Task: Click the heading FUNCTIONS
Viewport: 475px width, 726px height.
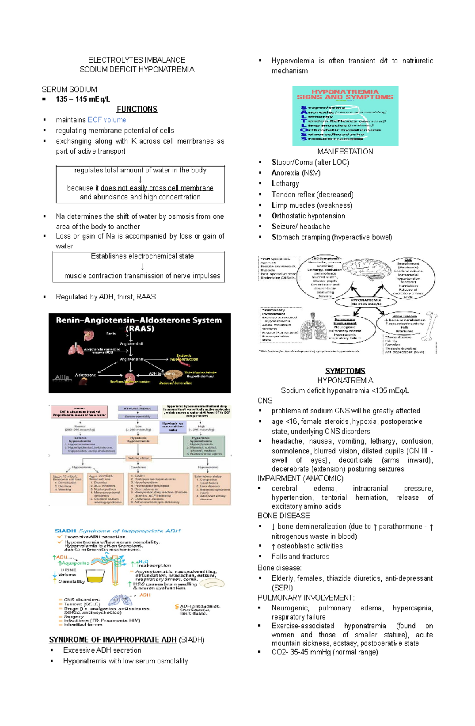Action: pyautogui.click(x=137, y=109)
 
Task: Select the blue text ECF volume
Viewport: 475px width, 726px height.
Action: pyautogui.click(x=106, y=120)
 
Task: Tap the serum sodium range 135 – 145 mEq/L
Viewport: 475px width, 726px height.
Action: pyautogui.click(x=83, y=99)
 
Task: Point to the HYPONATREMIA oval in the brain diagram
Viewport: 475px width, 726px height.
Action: pyautogui.click(x=365, y=302)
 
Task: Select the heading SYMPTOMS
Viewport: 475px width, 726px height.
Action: pyautogui.click(x=345, y=371)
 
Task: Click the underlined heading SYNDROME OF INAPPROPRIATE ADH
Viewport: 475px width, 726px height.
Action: pyautogui.click(x=113, y=640)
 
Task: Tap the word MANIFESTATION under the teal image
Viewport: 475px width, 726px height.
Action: pyautogui.click(x=345, y=152)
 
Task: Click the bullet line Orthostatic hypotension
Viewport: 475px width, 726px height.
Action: pyautogui.click(x=308, y=216)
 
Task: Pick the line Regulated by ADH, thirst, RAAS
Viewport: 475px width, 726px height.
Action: pyautogui.click(x=105, y=297)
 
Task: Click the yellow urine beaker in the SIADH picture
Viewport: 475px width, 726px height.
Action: pyautogui.click(x=95, y=576)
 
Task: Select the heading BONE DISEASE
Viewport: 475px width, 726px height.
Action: pyautogui.click(x=283, y=516)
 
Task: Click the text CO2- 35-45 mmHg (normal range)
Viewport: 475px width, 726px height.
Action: pyautogui.click(x=325, y=652)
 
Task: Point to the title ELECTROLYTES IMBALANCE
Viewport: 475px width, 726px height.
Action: pyautogui.click(x=137, y=60)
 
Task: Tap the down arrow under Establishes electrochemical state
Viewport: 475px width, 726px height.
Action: pyautogui.click(x=142, y=266)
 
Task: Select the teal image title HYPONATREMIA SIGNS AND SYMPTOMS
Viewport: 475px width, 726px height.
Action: pyautogui.click(x=345, y=94)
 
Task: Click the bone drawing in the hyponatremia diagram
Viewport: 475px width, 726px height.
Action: pyautogui.click(x=429, y=326)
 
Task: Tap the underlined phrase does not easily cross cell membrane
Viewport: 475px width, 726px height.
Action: pyautogui.click(x=157, y=188)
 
